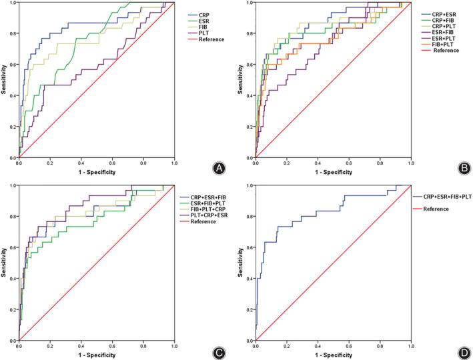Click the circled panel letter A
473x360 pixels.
[217, 168]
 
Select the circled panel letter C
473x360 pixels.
[217, 351]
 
